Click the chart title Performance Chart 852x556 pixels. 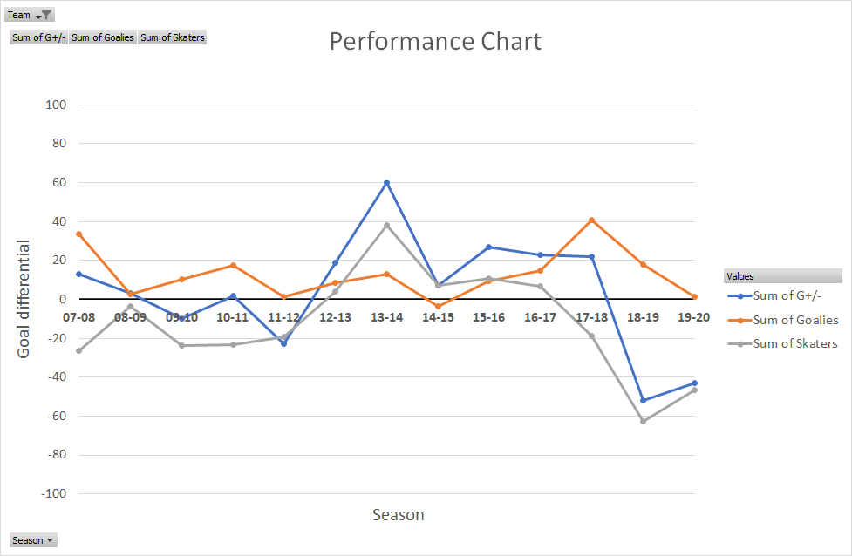pyautogui.click(x=435, y=42)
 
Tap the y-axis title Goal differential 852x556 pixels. pyautogui.click(x=24, y=299)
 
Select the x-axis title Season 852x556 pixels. pyautogui.click(x=398, y=515)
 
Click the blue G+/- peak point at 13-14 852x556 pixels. pyautogui.click(x=386, y=182)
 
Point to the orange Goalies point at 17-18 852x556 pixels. pyautogui.click(x=592, y=220)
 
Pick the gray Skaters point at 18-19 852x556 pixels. pyautogui.click(x=644, y=421)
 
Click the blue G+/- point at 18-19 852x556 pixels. pyautogui.click(x=644, y=401)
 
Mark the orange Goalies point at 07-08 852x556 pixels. pyautogui.click(x=79, y=234)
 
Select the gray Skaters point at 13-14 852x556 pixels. pyautogui.click(x=386, y=225)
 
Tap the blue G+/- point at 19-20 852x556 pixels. pyautogui.click(x=694, y=383)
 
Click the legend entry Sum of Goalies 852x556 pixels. pyautogui.click(x=795, y=321)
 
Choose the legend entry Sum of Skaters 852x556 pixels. pyautogui.click(x=795, y=344)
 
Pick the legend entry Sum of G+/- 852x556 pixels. pyautogui.click(x=788, y=296)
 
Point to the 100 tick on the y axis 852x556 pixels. pyautogui.click(x=56, y=105)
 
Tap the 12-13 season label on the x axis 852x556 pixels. pyautogui.click(x=336, y=317)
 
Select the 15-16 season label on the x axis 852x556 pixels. pyautogui.click(x=489, y=317)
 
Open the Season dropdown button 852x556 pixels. pyautogui.click(x=33, y=540)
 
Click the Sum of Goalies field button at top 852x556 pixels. pyautogui.click(x=103, y=37)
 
